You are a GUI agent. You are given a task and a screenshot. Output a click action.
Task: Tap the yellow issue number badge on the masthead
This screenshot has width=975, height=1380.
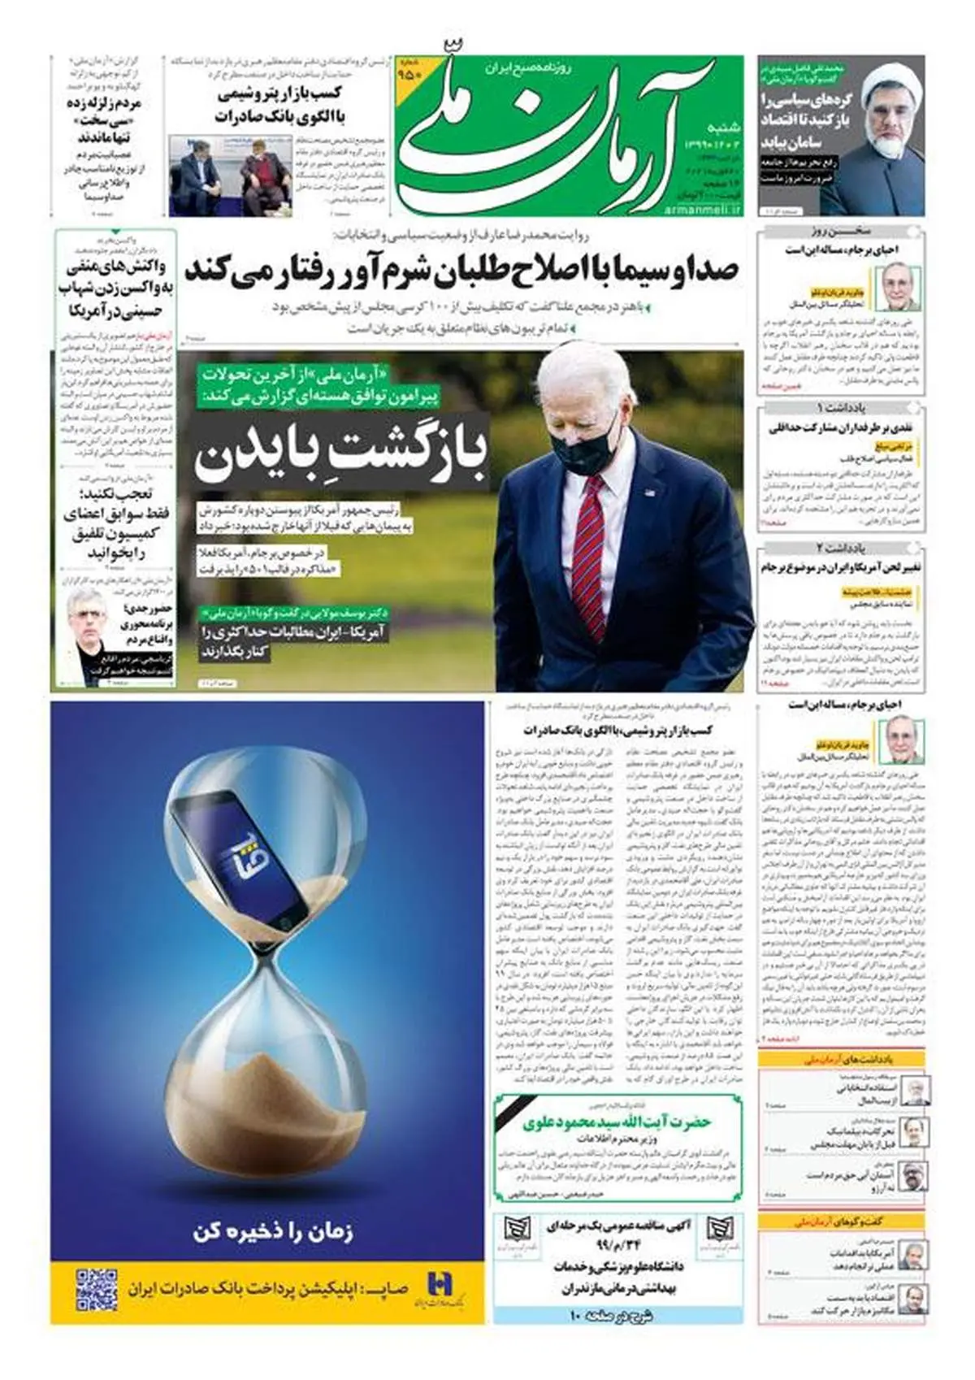click(409, 73)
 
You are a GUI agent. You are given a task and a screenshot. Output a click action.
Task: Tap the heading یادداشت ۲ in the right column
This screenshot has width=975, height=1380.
click(842, 548)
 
